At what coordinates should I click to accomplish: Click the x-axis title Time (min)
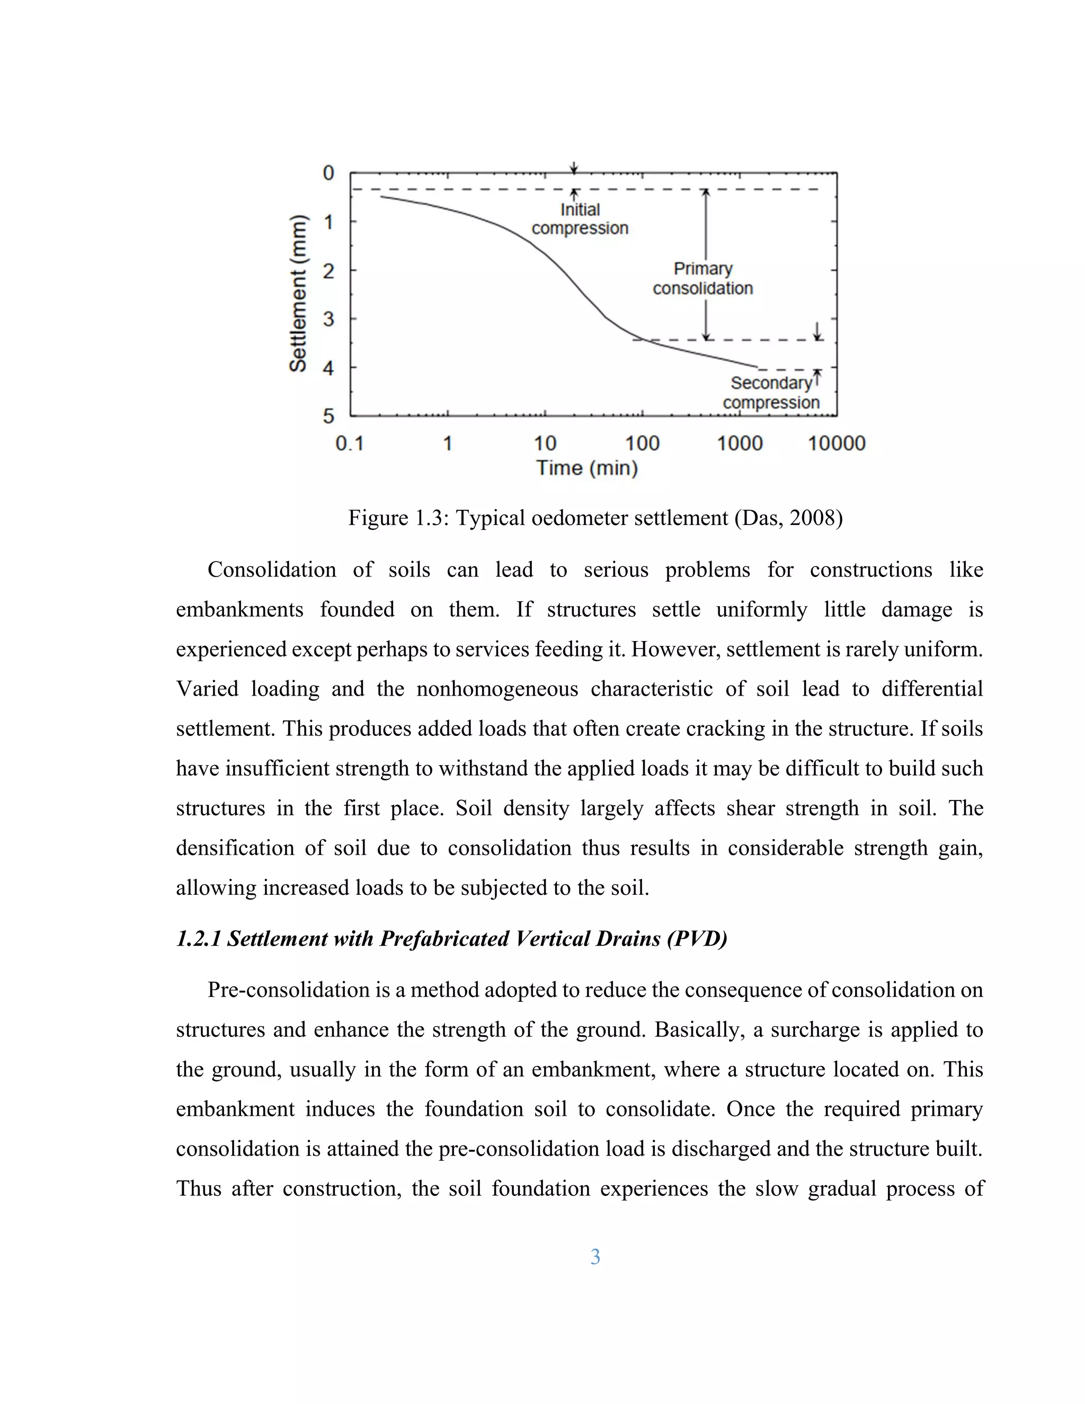coord(586,468)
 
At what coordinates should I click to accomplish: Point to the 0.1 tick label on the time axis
coord(350,443)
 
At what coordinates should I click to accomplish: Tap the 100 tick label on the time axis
coord(642,443)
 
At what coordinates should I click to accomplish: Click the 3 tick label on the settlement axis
coord(328,319)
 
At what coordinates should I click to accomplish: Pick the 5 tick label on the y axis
coord(328,416)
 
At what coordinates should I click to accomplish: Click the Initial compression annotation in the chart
coord(580,219)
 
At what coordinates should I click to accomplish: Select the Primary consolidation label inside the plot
coord(702,278)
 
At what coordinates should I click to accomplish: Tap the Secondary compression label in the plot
coord(771,393)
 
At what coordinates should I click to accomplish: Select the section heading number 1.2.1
coord(199,939)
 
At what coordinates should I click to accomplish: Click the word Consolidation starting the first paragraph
coord(271,570)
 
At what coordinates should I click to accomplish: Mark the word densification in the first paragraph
coord(234,848)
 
